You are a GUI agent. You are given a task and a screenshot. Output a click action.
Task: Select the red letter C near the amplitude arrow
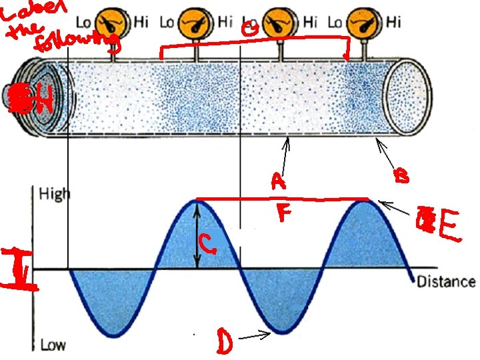coord(208,247)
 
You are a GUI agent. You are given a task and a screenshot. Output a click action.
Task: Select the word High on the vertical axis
coord(54,194)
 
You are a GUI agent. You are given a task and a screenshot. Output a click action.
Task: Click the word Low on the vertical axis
coord(53,345)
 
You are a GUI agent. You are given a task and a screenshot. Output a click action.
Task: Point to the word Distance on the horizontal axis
coord(446,281)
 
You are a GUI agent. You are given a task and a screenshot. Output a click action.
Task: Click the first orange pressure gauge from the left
coord(111,21)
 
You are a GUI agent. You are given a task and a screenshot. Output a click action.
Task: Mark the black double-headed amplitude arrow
coord(197,235)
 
